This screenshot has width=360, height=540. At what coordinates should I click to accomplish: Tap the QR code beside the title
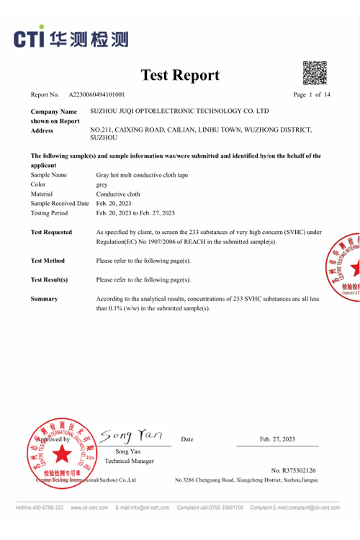click(315, 73)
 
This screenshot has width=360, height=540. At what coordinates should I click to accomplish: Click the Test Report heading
click(179, 75)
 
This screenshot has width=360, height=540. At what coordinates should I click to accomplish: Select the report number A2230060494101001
click(96, 95)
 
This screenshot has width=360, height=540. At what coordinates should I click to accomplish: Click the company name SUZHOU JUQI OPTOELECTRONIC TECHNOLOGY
click(179, 112)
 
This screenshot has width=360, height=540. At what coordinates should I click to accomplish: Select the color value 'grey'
click(102, 184)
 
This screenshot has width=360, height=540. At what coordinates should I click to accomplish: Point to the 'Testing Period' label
click(50, 213)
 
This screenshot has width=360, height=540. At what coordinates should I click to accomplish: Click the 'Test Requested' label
click(52, 232)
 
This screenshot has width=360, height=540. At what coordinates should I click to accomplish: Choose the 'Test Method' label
click(48, 260)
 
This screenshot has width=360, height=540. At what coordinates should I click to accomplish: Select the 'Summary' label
click(44, 298)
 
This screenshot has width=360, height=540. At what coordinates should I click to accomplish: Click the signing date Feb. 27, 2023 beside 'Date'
click(277, 439)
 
